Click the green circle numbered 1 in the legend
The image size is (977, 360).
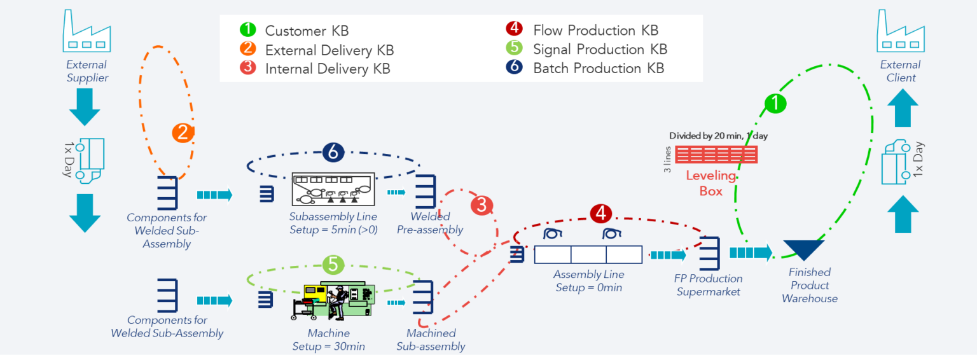point(248,30)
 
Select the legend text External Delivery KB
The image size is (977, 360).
point(329,50)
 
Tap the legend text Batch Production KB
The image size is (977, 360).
point(599,68)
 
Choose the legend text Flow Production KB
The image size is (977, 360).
point(595,31)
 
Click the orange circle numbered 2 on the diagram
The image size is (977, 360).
point(183,133)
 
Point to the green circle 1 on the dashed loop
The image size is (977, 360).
point(775,103)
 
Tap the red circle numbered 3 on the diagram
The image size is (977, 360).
point(482,205)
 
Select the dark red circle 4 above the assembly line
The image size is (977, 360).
point(600,213)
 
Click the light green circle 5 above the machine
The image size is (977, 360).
point(333,263)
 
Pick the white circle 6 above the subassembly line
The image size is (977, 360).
point(333,152)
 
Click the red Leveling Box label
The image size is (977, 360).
point(710,183)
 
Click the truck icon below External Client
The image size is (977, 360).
point(898,162)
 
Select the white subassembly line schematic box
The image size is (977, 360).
point(333,188)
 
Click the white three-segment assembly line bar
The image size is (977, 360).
point(588,254)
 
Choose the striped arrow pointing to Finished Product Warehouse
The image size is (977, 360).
point(751,253)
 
